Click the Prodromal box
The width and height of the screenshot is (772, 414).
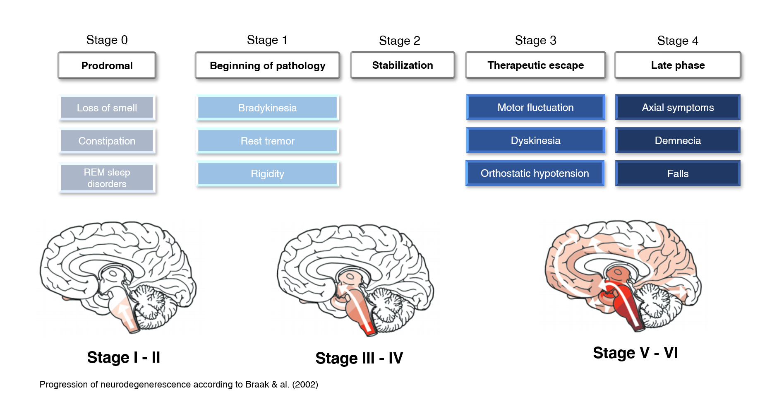[107, 65]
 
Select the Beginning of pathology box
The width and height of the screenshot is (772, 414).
[267, 65]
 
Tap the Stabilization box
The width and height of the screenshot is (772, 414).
[402, 65]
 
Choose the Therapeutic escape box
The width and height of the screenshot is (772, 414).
[535, 65]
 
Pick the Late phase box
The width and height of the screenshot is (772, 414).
[678, 65]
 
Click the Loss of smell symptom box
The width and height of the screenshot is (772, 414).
[107, 108]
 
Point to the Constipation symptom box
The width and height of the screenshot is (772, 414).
[107, 141]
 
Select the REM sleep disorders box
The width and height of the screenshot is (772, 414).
[107, 178]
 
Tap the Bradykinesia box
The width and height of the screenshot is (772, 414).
[267, 108]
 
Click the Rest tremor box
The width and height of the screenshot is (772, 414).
[267, 141]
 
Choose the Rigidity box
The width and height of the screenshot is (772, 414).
[267, 173]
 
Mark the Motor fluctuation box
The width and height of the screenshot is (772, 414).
[535, 107]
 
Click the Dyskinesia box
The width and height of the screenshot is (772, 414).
[535, 140]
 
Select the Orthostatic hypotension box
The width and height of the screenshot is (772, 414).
[535, 173]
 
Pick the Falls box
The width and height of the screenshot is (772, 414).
[678, 173]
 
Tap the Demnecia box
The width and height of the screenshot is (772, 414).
[678, 140]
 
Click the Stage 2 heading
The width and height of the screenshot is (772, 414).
[399, 41]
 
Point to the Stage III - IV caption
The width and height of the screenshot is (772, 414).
[359, 358]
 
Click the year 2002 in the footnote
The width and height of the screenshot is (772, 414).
[305, 385]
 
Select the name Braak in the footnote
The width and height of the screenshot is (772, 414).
[257, 385]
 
